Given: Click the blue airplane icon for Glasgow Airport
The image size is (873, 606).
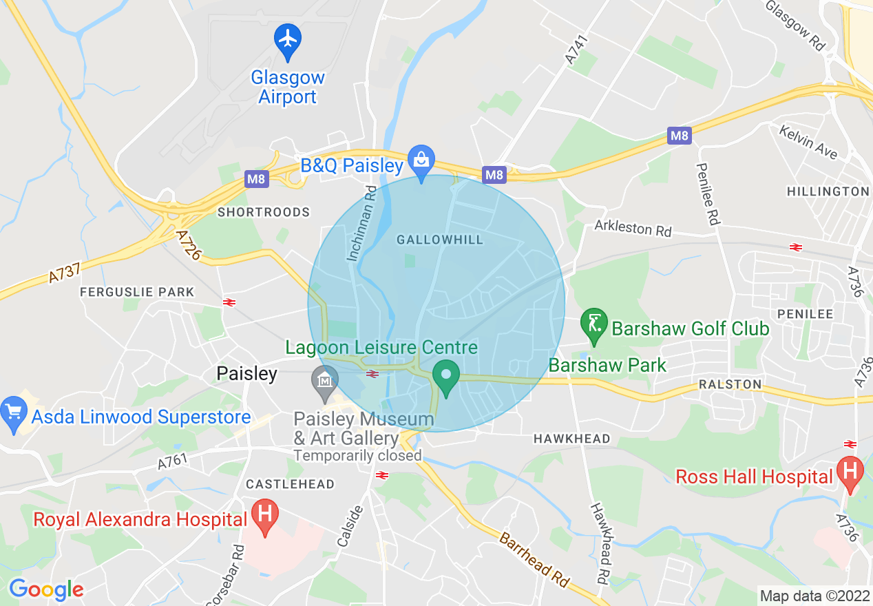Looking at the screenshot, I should tap(288, 39).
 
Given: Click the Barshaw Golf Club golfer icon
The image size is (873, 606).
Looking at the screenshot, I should tap(593, 324).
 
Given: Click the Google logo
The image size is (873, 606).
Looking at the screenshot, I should tap(46, 589).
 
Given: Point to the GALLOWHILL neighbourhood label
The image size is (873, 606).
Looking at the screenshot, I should tap(440, 240).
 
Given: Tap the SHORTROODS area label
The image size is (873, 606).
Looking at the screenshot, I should tap(264, 212).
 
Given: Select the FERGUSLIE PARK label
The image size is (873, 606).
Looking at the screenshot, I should tap(137, 293).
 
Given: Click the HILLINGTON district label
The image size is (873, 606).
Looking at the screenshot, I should tap(828, 191).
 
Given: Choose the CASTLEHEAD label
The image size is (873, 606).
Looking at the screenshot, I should tap(290, 484).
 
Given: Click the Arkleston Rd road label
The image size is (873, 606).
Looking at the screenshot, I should tap(633, 229).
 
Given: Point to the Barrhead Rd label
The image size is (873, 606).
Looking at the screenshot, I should tap(536, 558).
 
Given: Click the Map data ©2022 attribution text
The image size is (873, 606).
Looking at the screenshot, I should tap(812, 595).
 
